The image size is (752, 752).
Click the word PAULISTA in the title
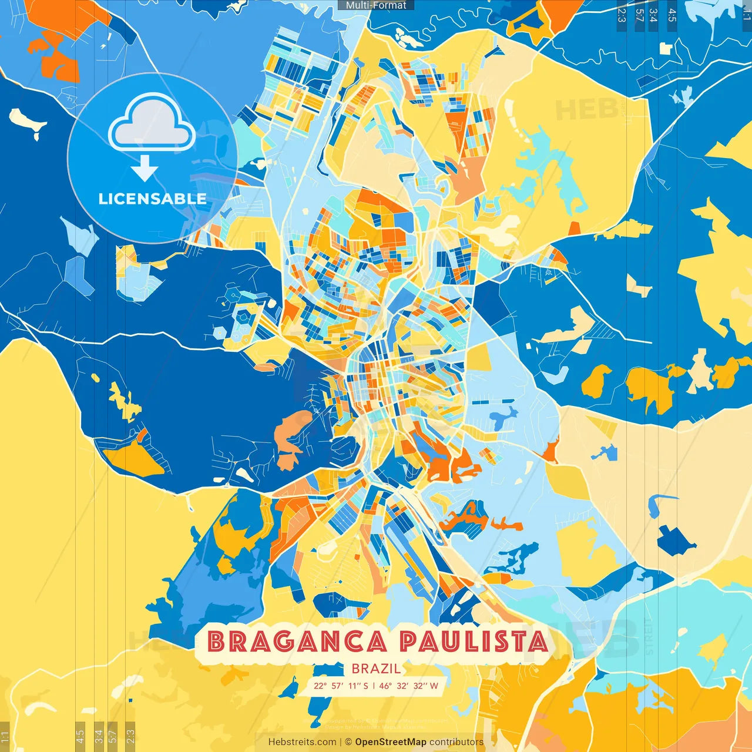[x=474, y=642]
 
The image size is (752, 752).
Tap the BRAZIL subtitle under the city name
[x=376, y=669]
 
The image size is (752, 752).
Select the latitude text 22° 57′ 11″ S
[x=341, y=686]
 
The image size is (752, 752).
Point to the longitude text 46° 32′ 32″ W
[x=408, y=686]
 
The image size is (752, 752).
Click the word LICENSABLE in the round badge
[x=152, y=199]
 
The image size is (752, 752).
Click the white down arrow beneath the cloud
[x=145, y=169]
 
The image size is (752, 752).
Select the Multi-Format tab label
[x=376, y=5]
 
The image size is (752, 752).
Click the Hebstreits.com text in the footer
[x=302, y=742]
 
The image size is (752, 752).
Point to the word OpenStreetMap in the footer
[x=391, y=742]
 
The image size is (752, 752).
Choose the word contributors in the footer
[x=456, y=742]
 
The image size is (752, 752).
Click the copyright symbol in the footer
[x=348, y=742]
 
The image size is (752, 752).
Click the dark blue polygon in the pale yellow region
[x=676, y=540]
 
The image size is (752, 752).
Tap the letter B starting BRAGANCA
[x=217, y=642]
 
